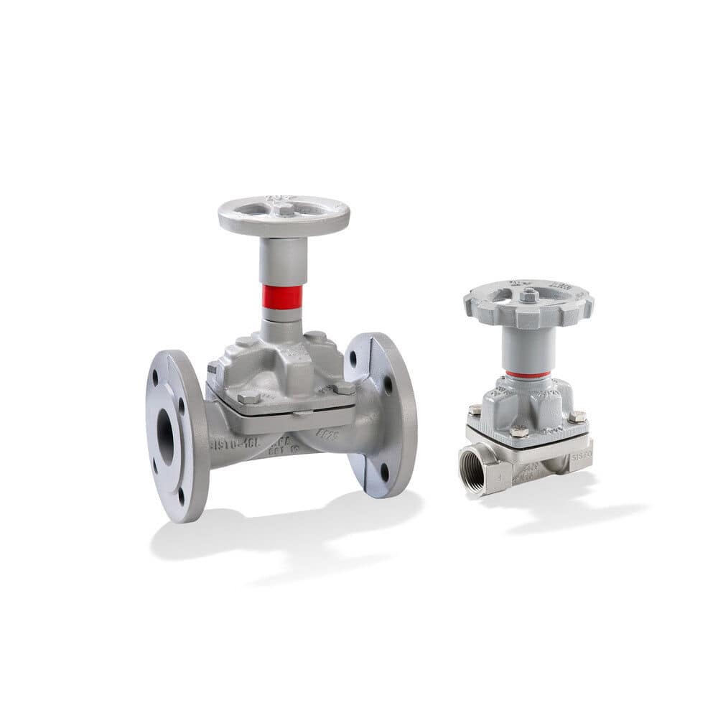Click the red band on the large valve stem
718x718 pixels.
tap(282, 297)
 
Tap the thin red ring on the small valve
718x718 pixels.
tap(528, 374)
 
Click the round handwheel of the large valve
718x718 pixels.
tap(284, 215)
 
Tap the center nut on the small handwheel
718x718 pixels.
tap(529, 295)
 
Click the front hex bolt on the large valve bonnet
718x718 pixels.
tap(248, 397)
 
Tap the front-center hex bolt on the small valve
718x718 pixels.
tap(518, 432)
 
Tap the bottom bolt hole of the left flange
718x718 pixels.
tap(179, 495)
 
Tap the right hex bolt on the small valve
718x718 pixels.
tap(577, 416)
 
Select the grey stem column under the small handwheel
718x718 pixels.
tap(528, 348)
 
